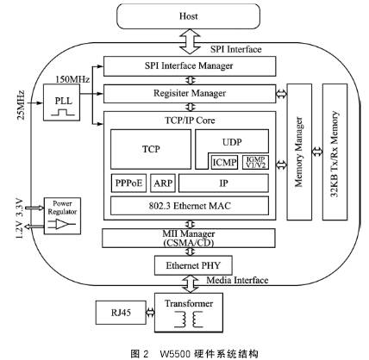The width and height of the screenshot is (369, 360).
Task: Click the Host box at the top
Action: click(189, 16)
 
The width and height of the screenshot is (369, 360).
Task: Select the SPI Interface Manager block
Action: click(188, 66)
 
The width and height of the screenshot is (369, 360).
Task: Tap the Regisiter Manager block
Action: click(188, 93)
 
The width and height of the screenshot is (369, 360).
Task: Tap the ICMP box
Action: click(223, 160)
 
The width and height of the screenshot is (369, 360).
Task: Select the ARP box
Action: click(162, 183)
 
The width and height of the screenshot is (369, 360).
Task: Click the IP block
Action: click(223, 183)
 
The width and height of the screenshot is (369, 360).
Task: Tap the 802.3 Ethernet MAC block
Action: click(189, 205)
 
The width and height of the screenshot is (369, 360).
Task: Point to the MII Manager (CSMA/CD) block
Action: click(188, 237)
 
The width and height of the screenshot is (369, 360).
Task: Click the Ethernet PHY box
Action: click(188, 265)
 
